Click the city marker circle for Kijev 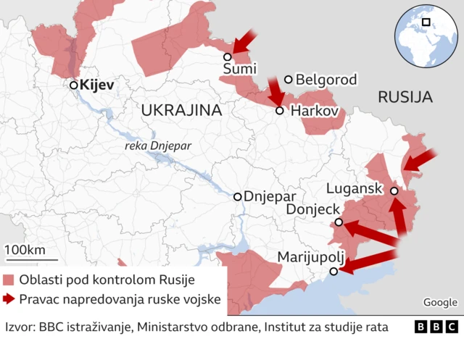point(73,85)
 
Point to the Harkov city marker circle point(280,111)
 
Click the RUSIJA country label point(405,97)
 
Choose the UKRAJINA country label point(181,110)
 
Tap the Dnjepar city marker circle point(238,196)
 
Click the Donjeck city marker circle point(339,222)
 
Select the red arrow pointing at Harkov point(275,91)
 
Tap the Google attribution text point(440,303)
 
